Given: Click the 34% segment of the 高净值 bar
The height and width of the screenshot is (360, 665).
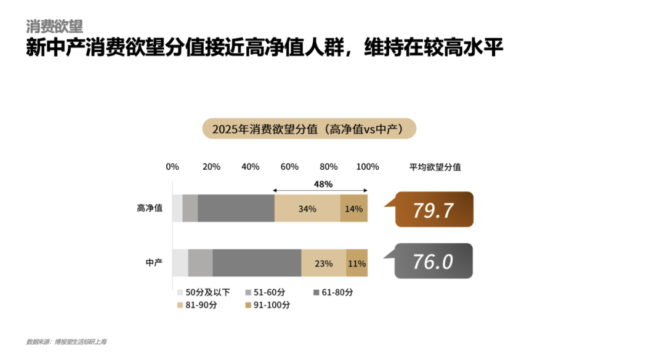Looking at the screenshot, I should [x=307, y=209].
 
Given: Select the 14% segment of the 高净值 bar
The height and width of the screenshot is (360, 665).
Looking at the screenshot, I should [x=354, y=209].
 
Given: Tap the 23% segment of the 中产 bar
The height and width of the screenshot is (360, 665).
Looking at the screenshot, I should [x=323, y=263].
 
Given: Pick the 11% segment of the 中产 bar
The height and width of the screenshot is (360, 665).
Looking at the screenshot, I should [x=357, y=263].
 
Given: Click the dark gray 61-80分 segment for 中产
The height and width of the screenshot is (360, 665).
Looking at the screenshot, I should [x=257, y=263].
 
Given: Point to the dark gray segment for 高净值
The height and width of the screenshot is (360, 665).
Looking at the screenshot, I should [x=236, y=209].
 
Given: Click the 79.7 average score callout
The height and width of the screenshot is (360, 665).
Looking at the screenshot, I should [x=433, y=210].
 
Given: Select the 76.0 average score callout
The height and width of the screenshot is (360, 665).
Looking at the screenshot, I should [x=433, y=262].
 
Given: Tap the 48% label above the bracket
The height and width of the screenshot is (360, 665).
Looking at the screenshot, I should [x=323, y=184].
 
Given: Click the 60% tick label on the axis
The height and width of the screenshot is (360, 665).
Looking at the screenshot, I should [x=289, y=167].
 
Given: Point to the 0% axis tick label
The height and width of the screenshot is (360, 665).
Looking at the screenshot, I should [x=172, y=167].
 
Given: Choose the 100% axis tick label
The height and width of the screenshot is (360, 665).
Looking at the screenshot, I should [x=368, y=167].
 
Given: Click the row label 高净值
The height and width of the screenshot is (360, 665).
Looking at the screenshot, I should [x=150, y=209].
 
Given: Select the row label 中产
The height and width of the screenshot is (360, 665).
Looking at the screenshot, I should [x=154, y=263].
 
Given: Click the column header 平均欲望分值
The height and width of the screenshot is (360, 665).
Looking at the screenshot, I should [x=435, y=167].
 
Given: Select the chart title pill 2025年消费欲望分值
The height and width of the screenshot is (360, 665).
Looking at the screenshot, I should [x=310, y=129].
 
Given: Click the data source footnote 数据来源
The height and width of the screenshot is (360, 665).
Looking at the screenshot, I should [x=70, y=342].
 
